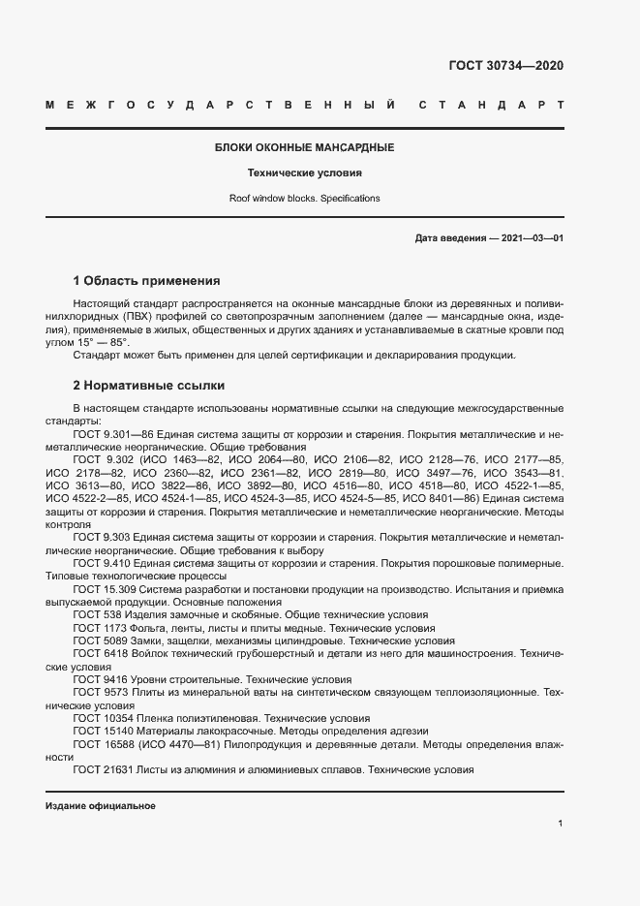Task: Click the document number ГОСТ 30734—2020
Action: (505, 66)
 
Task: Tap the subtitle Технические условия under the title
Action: (304, 173)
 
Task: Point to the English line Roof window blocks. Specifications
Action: (304, 198)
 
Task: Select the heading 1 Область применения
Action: (147, 281)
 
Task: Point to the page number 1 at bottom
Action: (560, 824)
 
